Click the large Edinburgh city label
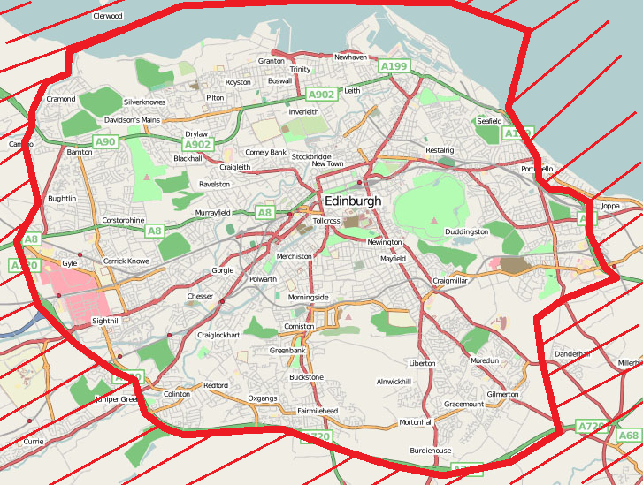(x=353, y=201)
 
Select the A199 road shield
(x=394, y=66)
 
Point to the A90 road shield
(x=105, y=141)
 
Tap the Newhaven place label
(x=350, y=57)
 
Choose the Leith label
(x=352, y=90)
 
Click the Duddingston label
(x=466, y=231)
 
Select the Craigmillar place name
(x=449, y=280)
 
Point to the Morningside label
(x=308, y=297)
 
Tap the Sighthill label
(x=106, y=322)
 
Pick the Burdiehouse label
(x=430, y=451)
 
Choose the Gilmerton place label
(x=502, y=394)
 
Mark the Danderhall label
(x=571, y=354)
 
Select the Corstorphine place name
(x=123, y=220)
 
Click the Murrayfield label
(x=212, y=213)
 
